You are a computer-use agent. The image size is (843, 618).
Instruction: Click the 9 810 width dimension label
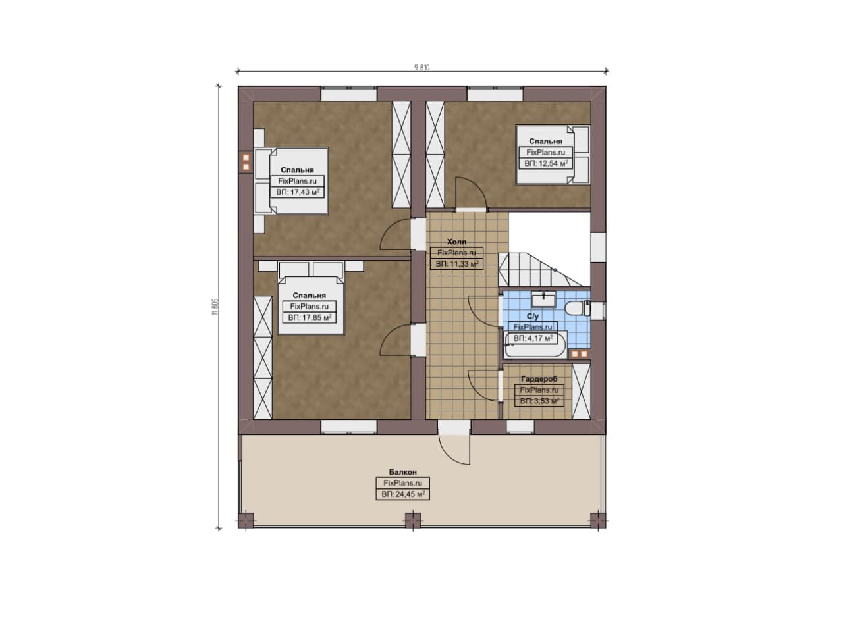coord(422,68)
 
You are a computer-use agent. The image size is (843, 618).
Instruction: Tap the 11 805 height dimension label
coord(215,307)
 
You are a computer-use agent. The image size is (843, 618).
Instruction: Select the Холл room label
coord(456,242)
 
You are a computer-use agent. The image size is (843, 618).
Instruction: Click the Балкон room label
coord(402,472)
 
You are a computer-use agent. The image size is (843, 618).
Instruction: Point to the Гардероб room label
coord(539,379)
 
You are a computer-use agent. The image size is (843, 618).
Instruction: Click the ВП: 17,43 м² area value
coord(298,192)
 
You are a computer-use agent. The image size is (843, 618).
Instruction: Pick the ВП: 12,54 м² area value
coord(546,164)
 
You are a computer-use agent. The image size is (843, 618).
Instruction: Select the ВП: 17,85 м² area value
coord(310,317)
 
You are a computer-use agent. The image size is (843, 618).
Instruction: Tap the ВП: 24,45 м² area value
coord(403,494)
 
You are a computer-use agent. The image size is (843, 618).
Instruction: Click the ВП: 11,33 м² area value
coord(457,264)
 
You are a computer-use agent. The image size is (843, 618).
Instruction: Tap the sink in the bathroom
coord(543,299)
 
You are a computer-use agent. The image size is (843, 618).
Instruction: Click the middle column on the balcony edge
coord(413,521)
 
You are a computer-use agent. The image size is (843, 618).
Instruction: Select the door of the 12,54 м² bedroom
coord(471,192)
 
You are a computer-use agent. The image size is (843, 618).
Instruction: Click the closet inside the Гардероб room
coord(581,391)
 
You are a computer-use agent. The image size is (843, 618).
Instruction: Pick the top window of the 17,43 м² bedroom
coord(349,93)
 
